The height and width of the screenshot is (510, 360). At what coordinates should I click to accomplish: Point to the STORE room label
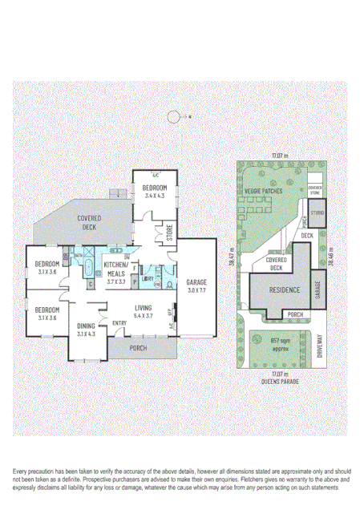pyautogui.click(x=169, y=233)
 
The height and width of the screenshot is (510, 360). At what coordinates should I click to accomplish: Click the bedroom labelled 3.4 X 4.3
pyautogui.click(x=155, y=191)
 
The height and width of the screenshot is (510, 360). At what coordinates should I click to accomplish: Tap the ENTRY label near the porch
pyautogui.click(x=119, y=323)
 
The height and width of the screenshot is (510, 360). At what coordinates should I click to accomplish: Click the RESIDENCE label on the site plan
pyautogui.click(x=284, y=290)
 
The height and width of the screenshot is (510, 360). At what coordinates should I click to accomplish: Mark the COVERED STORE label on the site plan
pyautogui.click(x=315, y=190)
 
